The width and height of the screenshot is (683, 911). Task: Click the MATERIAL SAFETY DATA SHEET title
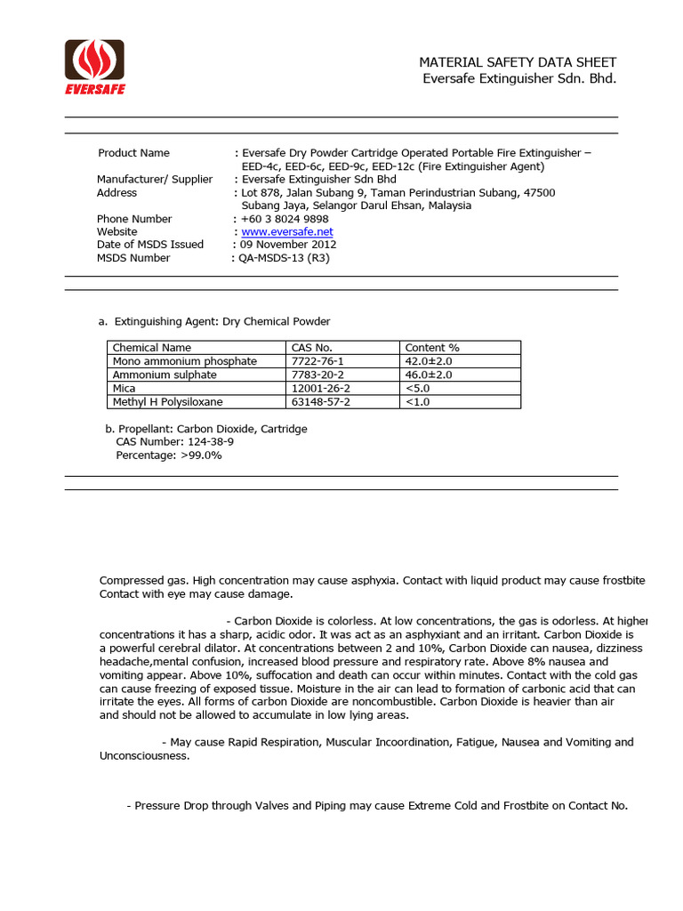tap(518, 62)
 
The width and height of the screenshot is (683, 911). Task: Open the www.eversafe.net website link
tap(286, 231)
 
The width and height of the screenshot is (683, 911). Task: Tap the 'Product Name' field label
tap(133, 153)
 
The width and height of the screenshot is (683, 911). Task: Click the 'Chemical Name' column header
tap(151, 348)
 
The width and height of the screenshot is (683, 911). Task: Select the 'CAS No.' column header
tap(311, 348)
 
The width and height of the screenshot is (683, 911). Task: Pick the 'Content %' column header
tap(432, 348)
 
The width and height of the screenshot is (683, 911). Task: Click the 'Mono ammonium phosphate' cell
tap(184, 361)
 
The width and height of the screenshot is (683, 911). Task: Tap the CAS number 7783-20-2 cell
tap(317, 375)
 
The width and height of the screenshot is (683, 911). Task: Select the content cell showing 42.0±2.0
tap(429, 361)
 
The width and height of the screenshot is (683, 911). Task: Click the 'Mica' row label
tap(124, 388)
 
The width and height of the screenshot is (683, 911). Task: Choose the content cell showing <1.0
tap(417, 402)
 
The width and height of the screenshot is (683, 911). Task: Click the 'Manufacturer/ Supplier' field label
tap(155, 180)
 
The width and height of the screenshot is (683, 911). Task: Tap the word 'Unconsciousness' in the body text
tap(143, 755)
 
